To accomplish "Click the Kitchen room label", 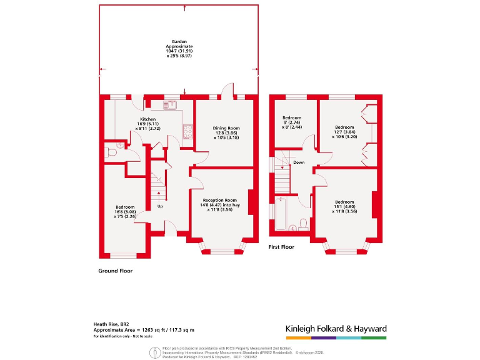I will (x=147, y=119).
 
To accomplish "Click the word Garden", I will (x=179, y=42).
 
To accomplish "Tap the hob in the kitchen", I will (x=187, y=131).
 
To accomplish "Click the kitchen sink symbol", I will (x=170, y=105).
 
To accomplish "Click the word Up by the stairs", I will (x=159, y=206).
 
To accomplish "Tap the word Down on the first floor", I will (x=299, y=162).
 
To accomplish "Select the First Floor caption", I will (x=281, y=247).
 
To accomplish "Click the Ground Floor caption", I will (x=116, y=271).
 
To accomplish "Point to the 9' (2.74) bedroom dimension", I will (x=292, y=122).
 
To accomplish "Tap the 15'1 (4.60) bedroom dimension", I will (x=344, y=207).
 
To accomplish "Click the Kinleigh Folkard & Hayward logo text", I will (x=336, y=329).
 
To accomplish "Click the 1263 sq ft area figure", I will (x=153, y=329).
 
